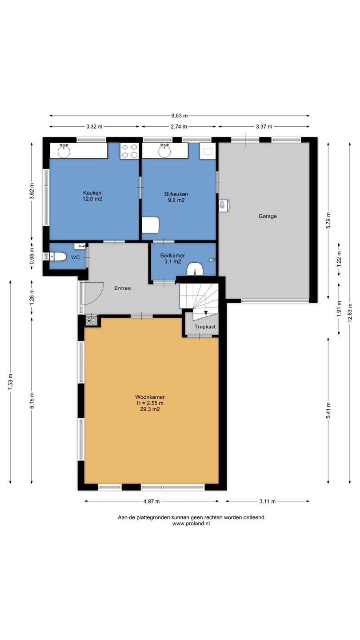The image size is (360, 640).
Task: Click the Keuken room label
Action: coord(92,193)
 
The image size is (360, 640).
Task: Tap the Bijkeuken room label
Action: coord(176,194)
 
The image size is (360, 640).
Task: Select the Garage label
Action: coord(268,216)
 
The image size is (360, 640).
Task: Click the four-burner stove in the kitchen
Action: coord(129,151)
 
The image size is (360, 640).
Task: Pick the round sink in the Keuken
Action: coord(64,151)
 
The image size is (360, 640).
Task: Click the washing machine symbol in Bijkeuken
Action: coord(208,151)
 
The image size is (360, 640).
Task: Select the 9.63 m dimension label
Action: coord(180,116)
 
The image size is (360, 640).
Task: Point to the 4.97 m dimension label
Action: coord(152,501)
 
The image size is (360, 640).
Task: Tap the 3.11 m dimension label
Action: coord(268,501)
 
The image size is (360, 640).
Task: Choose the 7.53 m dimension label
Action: coord(10,382)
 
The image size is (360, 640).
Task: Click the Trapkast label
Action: coord(205,327)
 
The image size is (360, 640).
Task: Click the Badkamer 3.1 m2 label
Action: coord(172,258)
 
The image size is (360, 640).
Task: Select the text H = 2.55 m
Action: coord(150,403)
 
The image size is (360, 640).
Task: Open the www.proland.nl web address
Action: coord(191,524)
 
